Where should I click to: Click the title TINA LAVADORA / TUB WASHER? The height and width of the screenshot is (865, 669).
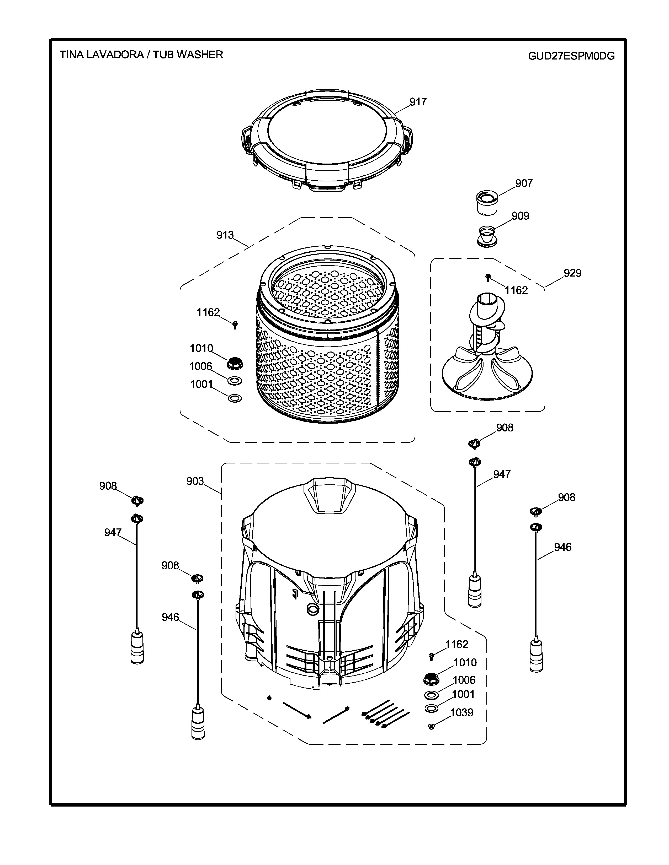tap(141, 55)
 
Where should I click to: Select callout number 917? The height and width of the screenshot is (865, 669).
tap(418, 102)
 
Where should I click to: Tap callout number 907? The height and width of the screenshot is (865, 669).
tap(524, 183)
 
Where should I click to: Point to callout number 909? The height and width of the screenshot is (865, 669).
tap(520, 216)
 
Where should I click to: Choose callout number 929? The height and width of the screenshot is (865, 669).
tap(572, 273)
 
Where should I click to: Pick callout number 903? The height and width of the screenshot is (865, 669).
tap(195, 481)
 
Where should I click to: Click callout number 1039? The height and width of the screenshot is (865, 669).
tap(462, 712)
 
